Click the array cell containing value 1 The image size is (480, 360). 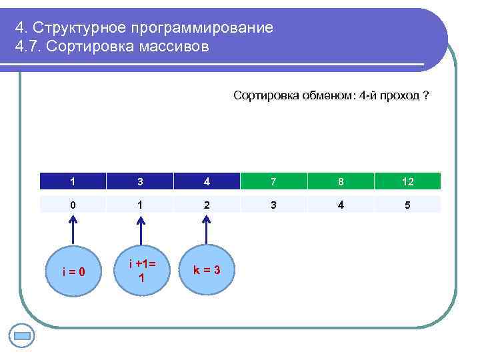(73, 181)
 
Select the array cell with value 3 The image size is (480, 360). (140, 181)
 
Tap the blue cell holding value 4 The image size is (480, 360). (207, 181)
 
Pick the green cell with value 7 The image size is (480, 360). (274, 181)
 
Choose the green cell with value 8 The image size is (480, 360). (341, 181)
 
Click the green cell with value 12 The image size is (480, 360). (407, 181)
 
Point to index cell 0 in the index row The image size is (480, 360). (73, 205)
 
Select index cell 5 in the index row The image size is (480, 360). (407, 205)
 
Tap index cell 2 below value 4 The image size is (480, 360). (207, 205)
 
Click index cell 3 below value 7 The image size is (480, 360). (274, 205)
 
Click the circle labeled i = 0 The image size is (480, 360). (73, 271)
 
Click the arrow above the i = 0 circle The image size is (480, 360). (73, 230)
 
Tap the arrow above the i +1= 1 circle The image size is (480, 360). (140, 230)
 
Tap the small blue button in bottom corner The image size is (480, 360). (22, 336)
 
